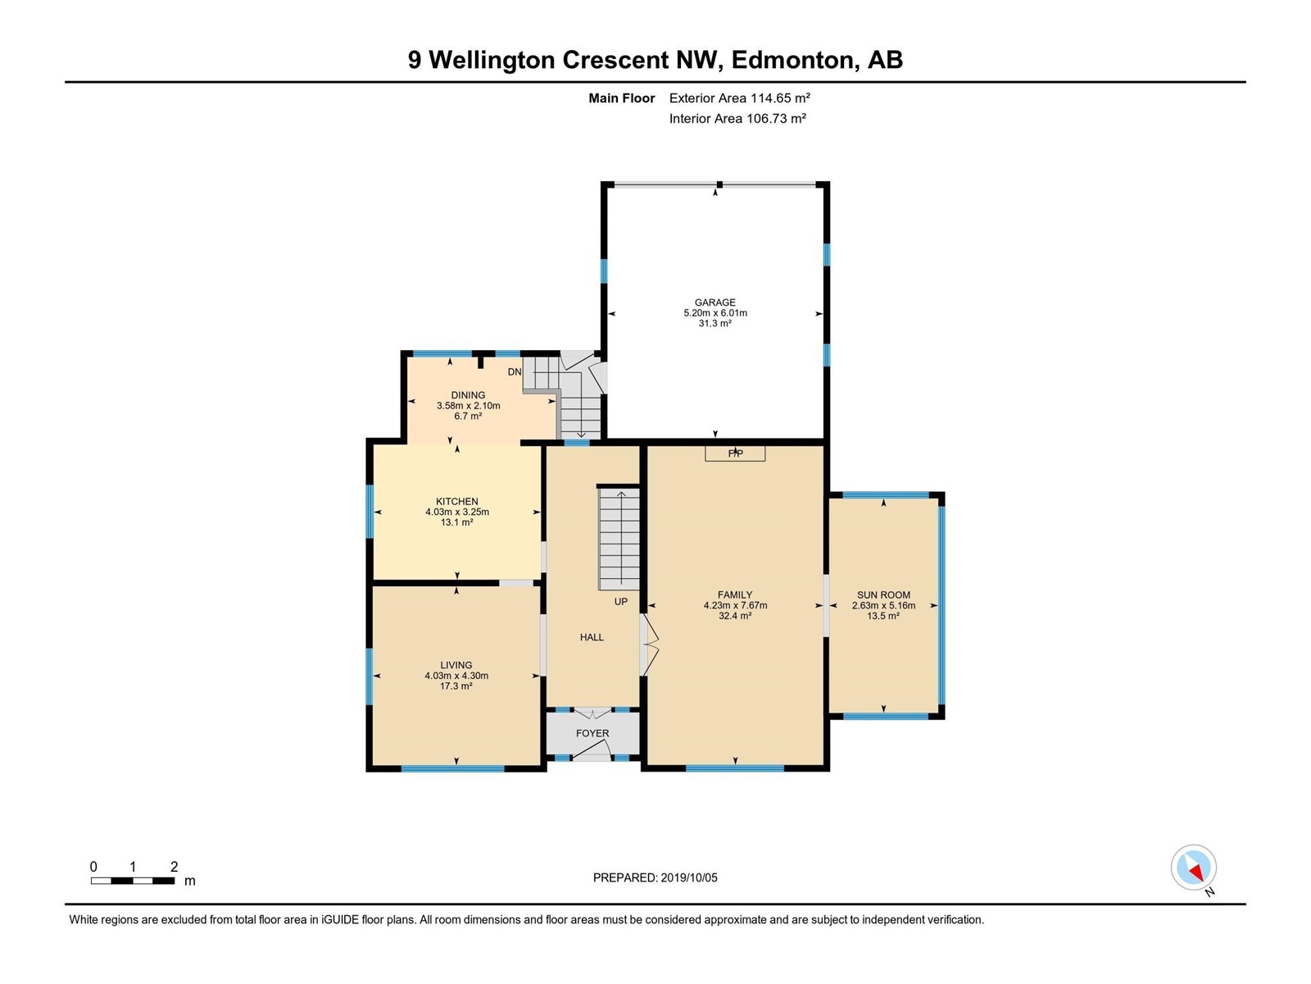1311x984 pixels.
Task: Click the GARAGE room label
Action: [715, 303]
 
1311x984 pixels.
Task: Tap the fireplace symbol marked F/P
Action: [735, 453]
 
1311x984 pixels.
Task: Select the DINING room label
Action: [468, 395]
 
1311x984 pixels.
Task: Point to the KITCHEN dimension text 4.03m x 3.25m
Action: [457, 512]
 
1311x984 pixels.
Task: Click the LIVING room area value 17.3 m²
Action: [456, 686]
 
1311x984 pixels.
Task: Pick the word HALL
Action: [592, 637]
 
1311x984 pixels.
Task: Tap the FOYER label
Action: [592, 733]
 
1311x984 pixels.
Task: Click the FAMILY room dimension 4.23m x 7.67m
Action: [735, 605]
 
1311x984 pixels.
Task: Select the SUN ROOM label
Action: [883, 595]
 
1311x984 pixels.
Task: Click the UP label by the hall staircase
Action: [620, 602]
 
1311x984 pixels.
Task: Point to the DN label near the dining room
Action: [515, 371]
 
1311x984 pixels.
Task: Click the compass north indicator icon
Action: [1193, 868]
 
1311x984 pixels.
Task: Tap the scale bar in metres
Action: [133, 881]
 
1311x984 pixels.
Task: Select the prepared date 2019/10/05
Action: [688, 877]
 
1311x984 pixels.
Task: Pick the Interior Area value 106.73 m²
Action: [776, 118]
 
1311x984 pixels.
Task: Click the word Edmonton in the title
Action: [793, 61]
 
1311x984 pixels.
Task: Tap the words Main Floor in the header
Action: [622, 98]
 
